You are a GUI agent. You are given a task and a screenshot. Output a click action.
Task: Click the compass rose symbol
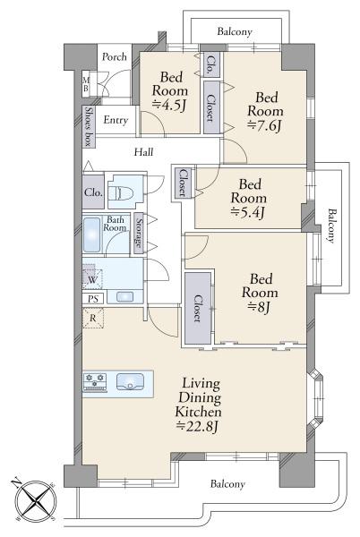pyautogui.click(x=36, y=501)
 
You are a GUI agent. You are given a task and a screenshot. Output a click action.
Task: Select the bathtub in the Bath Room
pyautogui.click(x=92, y=234)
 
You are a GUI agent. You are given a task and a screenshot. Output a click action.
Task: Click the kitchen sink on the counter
pyautogui.click(x=130, y=381)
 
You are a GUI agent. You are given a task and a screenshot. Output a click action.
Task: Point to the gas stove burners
pyautogui.click(x=95, y=382)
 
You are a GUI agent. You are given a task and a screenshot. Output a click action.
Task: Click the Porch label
pyautogui.click(x=115, y=56)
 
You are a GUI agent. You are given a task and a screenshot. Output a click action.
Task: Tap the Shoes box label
pyautogui.click(x=89, y=127)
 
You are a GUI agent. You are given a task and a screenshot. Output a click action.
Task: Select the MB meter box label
pyautogui.click(x=86, y=84)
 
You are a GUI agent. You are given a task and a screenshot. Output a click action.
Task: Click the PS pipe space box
pyautogui.click(x=93, y=299)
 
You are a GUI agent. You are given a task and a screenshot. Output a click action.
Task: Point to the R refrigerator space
pyautogui.click(x=93, y=318)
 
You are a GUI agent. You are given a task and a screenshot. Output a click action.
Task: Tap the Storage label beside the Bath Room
pyautogui.click(x=139, y=233)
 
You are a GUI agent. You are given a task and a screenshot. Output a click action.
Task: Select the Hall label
pyautogui.click(x=143, y=152)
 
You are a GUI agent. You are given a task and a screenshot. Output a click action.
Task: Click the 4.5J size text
pyautogui.click(x=169, y=105)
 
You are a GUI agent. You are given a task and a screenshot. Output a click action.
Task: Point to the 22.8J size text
pyautogui.click(x=198, y=426)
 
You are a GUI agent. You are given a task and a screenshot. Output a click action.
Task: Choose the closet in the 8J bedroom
pyautogui.click(x=198, y=308)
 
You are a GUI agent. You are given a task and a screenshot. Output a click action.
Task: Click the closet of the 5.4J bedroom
pyautogui.click(x=182, y=183)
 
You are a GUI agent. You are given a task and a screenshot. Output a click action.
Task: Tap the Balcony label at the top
pyautogui.click(x=235, y=32)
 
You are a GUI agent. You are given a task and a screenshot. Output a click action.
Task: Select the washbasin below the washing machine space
pyautogui.click(x=124, y=296)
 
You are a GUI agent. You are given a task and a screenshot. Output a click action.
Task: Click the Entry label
pyautogui.click(x=116, y=120)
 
